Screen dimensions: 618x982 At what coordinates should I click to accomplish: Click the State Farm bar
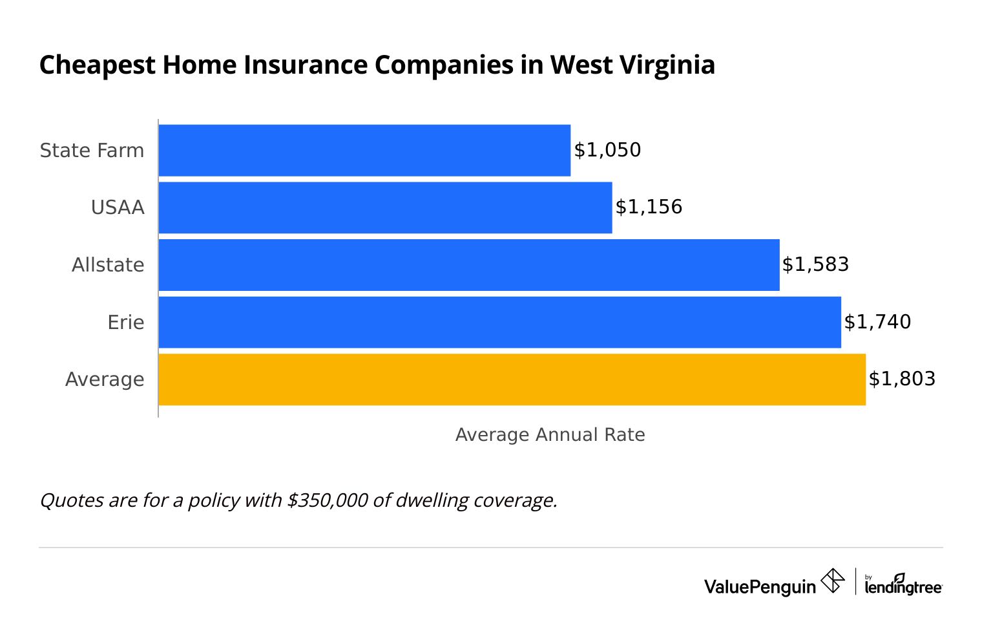[x=364, y=150]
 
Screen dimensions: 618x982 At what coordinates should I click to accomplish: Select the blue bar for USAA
[x=385, y=208]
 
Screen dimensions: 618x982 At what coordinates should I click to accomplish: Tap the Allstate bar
[x=469, y=265]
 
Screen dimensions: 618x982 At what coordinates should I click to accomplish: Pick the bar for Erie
[x=499, y=322]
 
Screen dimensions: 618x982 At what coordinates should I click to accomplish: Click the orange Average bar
[x=512, y=379]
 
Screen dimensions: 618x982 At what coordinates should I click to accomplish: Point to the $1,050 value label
[x=607, y=150]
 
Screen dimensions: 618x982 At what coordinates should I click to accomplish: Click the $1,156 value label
[x=649, y=207]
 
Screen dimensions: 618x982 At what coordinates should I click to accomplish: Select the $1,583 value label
[x=815, y=264]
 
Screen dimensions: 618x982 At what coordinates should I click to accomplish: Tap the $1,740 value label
[x=877, y=322]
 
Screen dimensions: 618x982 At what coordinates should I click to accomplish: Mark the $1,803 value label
[x=902, y=379]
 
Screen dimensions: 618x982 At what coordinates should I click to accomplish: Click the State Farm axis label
[x=92, y=151]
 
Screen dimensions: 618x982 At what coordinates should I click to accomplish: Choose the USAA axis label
[x=118, y=208]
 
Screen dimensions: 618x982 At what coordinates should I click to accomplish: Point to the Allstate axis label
[x=108, y=265]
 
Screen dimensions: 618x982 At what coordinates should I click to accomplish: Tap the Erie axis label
[x=126, y=322]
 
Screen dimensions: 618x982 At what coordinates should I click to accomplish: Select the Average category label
[x=105, y=379]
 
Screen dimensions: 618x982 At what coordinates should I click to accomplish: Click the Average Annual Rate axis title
[x=550, y=434]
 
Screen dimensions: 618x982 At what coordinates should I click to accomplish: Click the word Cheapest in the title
[x=98, y=66]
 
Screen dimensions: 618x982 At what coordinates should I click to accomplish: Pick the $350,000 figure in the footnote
[x=328, y=500]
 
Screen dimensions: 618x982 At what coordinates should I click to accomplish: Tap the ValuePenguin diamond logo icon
[x=833, y=581]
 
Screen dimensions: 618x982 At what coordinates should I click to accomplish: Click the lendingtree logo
[x=903, y=585]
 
